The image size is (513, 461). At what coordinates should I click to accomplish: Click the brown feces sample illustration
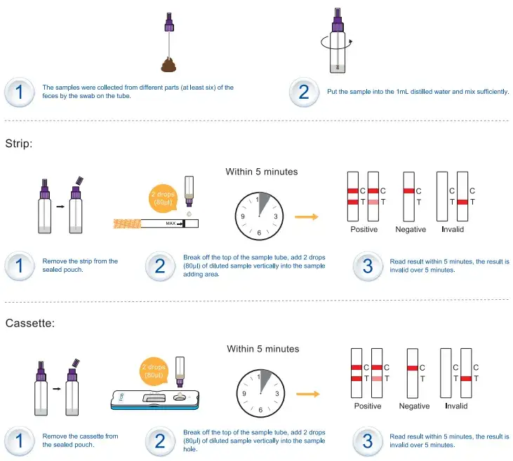point(168,64)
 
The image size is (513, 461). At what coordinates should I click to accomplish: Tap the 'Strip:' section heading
point(19,144)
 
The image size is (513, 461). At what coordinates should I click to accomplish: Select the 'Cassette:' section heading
point(30,323)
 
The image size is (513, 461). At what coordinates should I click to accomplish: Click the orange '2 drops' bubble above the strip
point(163,198)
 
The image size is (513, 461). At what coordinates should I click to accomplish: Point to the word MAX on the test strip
point(171,223)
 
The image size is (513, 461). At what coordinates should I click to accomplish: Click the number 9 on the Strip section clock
point(243,216)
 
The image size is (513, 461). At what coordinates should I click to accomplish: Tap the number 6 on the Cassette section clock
point(260,410)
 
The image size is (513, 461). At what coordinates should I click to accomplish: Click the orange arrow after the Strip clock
point(307,216)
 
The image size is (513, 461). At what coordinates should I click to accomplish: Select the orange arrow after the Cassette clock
point(308,394)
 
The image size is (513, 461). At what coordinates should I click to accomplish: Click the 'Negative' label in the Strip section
point(411,229)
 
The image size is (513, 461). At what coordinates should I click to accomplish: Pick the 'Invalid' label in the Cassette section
point(456,406)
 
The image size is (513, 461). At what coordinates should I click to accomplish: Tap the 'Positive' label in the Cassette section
point(368,406)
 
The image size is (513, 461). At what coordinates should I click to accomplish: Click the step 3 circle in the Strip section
point(368,266)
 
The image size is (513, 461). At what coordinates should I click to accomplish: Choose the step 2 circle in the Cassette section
point(160,441)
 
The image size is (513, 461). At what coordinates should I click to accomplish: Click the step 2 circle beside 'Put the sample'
point(304,92)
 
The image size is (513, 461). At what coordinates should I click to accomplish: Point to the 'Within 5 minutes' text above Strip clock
point(262,172)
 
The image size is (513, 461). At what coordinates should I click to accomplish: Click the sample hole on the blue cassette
point(180,397)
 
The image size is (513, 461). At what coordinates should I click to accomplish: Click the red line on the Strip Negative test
point(409,191)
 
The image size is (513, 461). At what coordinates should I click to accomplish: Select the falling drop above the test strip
point(189,214)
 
